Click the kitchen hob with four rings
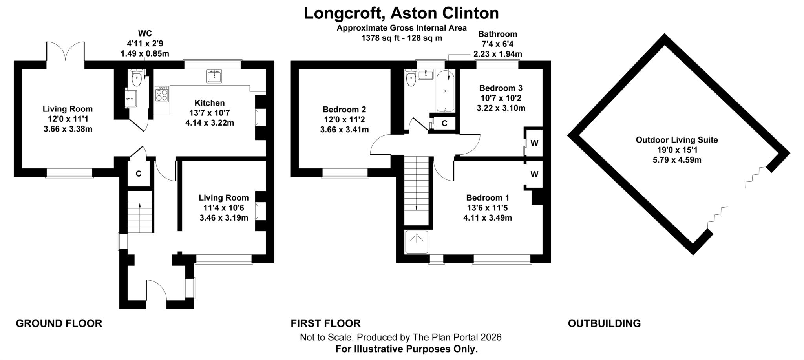tap(162, 94)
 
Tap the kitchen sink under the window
tap(214, 76)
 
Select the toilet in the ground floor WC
tap(137, 78)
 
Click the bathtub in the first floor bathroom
tap(445, 91)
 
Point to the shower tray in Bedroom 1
tap(417, 242)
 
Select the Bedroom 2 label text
tap(344, 110)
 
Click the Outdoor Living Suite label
tap(677, 140)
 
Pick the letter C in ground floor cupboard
tap(139, 174)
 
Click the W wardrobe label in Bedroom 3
tap(534, 143)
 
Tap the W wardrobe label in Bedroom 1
tap(534, 174)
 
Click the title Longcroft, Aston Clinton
tap(401, 13)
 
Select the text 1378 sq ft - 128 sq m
tap(402, 38)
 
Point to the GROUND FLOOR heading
tap(59, 323)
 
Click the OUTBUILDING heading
tap(604, 323)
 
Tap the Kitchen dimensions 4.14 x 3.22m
tap(210, 123)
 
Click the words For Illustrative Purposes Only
tap(406, 349)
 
